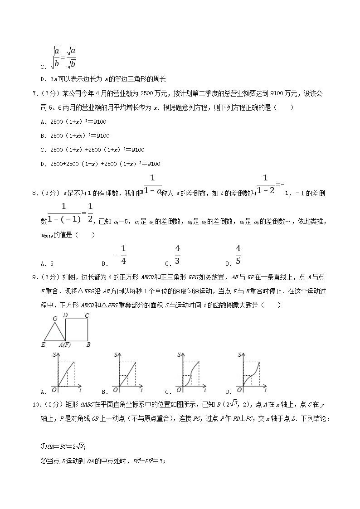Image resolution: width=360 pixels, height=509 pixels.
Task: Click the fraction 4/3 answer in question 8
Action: [x=177, y=255]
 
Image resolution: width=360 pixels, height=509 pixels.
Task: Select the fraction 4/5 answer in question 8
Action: [x=238, y=255]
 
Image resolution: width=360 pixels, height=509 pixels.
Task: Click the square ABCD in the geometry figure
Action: [x=77, y=330]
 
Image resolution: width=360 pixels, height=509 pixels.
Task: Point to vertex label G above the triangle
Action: [x=54, y=318]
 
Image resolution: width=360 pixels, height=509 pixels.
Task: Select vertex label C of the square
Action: [x=87, y=315]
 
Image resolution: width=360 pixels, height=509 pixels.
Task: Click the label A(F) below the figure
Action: [x=65, y=345]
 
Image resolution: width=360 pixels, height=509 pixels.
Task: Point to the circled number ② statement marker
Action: [x=44, y=461]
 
